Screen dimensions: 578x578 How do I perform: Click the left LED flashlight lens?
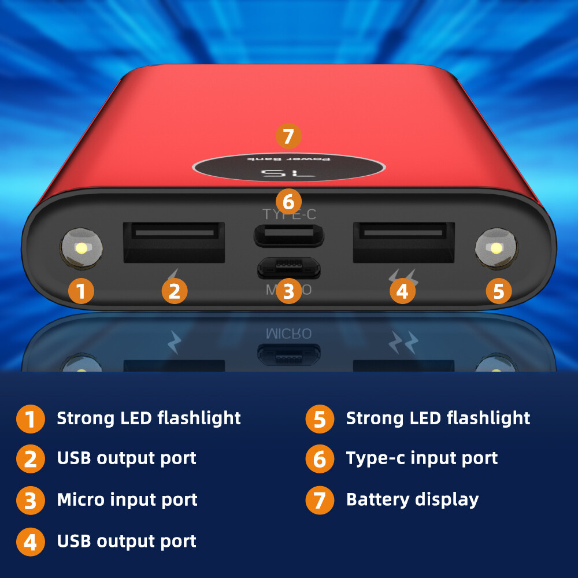tap(81, 249)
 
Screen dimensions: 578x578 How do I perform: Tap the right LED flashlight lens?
tap(495, 249)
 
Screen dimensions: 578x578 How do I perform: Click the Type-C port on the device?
tap(288, 235)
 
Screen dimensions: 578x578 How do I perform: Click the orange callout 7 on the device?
tap(288, 136)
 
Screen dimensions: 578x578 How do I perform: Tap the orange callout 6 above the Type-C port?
tap(288, 202)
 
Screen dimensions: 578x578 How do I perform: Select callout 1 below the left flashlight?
tap(81, 291)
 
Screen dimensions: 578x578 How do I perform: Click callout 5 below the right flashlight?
tap(498, 291)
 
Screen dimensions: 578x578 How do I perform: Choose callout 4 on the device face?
tap(402, 291)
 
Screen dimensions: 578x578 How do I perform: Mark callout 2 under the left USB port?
tap(175, 291)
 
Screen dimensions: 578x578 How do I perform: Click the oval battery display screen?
tap(288, 168)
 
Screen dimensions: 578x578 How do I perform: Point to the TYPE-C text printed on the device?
tap(289, 214)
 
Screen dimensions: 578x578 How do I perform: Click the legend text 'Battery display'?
tap(412, 499)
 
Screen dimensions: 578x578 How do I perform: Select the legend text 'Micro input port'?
tap(127, 500)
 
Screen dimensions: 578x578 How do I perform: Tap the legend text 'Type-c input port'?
tap(422, 458)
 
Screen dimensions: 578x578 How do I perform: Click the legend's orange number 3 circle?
tap(31, 501)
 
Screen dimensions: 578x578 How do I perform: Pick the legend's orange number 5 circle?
tap(320, 418)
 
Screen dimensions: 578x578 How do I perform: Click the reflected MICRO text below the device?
tap(288, 334)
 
